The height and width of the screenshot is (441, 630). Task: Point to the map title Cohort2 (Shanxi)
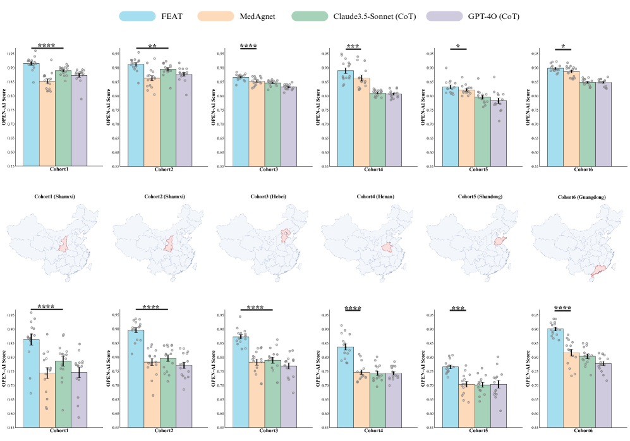click(163, 196)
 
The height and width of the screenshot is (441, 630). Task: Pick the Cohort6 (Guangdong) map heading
click(583, 197)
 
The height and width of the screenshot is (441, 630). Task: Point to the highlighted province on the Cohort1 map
click(63, 245)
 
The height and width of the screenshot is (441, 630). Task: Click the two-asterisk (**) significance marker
click(152, 46)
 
